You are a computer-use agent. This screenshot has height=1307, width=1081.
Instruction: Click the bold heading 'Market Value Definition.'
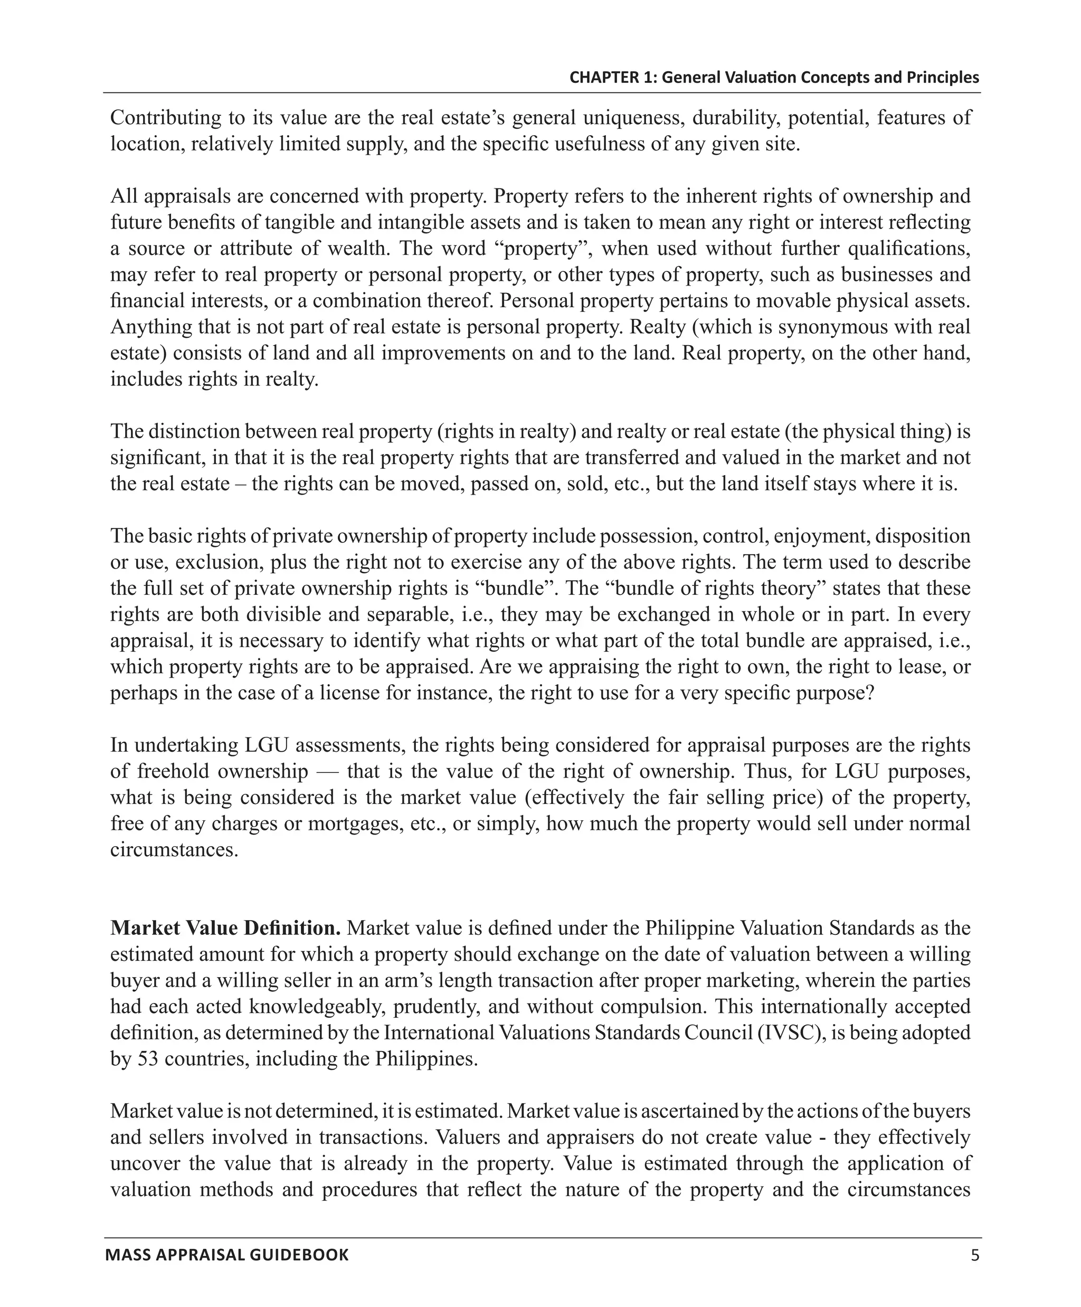tap(225, 928)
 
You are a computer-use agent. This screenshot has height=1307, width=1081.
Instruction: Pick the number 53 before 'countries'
tap(147, 1059)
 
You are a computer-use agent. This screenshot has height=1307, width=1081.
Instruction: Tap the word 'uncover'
tap(146, 1163)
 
